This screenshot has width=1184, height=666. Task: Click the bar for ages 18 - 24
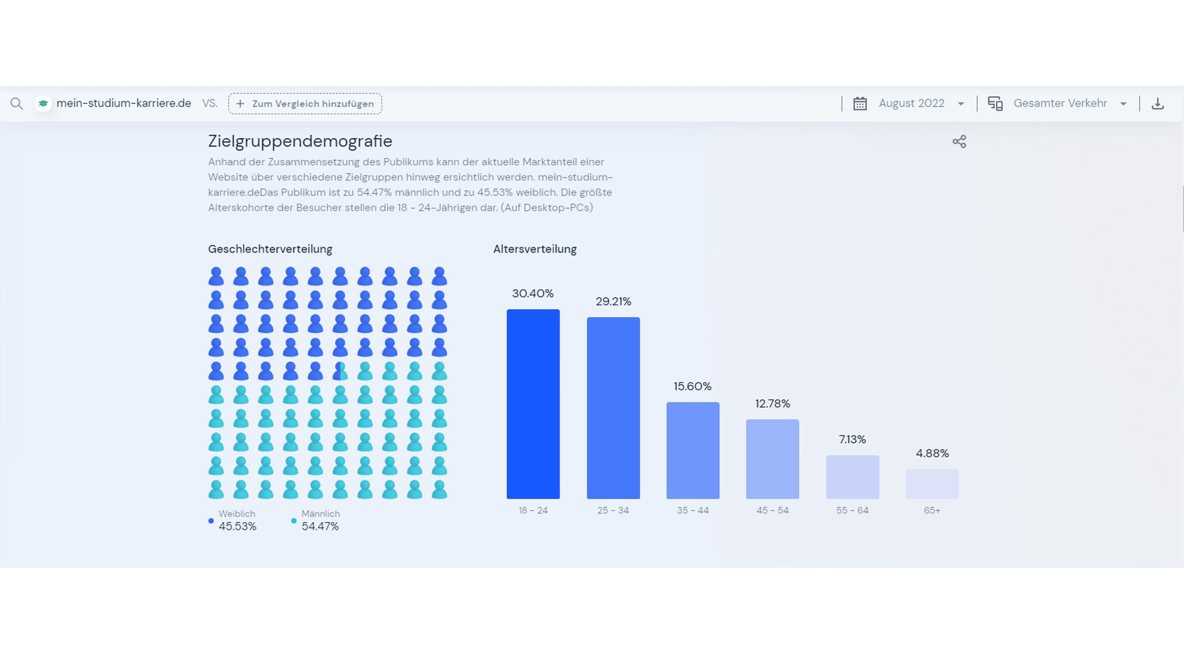[x=533, y=404]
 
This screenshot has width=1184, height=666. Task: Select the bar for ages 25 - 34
[x=613, y=408]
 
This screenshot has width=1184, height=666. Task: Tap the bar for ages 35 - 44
[x=693, y=450]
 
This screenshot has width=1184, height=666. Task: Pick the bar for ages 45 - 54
[x=772, y=459]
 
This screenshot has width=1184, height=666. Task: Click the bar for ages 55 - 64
[x=852, y=477]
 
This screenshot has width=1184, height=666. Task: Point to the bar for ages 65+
[x=932, y=483]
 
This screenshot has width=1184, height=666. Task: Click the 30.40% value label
[x=533, y=294]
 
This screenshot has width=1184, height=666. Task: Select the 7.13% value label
[x=852, y=439]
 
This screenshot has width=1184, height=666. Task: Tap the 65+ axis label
[x=932, y=510]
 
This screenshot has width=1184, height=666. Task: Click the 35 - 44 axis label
[x=693, y=510]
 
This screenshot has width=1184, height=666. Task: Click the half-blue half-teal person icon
[x=340, y=371]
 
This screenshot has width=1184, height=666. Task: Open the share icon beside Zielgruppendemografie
[x=959, y=142]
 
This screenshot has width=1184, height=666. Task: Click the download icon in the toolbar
[x=1157, y=104]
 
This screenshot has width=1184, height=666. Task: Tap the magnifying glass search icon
[x=17, y=104]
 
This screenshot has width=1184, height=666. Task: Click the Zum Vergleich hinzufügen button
[x=305, y=104]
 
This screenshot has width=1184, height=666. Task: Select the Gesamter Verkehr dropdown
[x=1060, y=104]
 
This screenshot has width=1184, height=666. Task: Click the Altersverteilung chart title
[x=535, y=249]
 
